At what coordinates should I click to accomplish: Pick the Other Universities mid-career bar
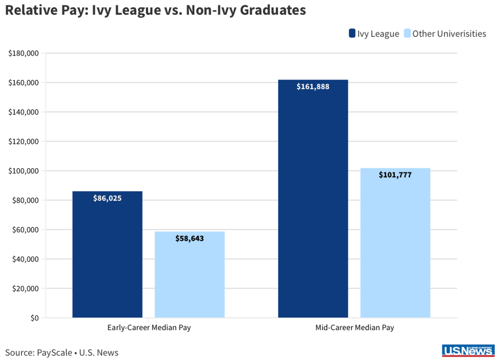click(x=395, y=248)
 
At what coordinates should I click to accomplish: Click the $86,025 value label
click(x=107, y=198)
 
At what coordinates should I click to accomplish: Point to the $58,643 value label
click(x=190, y=239)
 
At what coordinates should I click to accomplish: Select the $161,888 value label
click(x=313, y=86)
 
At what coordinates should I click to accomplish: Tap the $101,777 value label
click(x=395, y=175)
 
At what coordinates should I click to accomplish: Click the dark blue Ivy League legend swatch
click(x=352, y=34)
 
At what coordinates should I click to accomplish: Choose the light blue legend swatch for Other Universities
click(x=407, y=34)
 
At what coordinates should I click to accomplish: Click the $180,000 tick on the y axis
click(x=23, y=53)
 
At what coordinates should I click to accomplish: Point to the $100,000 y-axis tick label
click(x=23, y=171)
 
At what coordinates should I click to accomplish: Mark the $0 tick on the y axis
click(x=35, y=318)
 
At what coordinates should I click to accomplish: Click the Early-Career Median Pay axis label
click(x=149, y=328)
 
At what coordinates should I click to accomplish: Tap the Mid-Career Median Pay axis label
click(x=354, y=328)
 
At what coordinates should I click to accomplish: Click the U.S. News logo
click(x=467, y=351)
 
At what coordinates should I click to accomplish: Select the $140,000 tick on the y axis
click(x=23, y=112)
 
